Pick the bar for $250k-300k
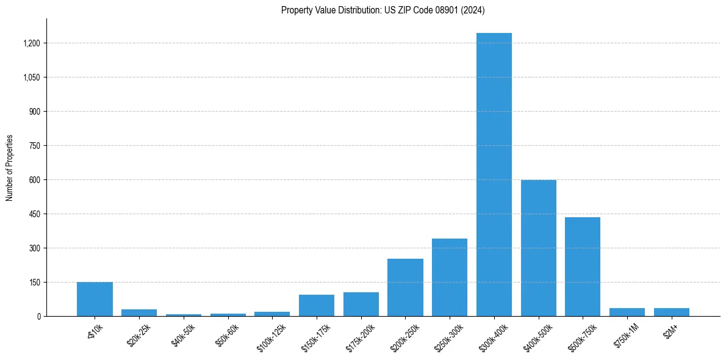(450, 277)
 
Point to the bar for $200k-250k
(405, 287)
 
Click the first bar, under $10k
(95, 299)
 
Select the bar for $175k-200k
(361, 304)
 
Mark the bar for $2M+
(671, 312)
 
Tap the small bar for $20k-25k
(139, 312)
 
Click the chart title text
(383, 10)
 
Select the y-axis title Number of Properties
(10, 167)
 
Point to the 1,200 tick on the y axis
(31, 43)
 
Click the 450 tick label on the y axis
(35, 214)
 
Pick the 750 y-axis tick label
(35, 146)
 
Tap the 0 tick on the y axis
(39, 317)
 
